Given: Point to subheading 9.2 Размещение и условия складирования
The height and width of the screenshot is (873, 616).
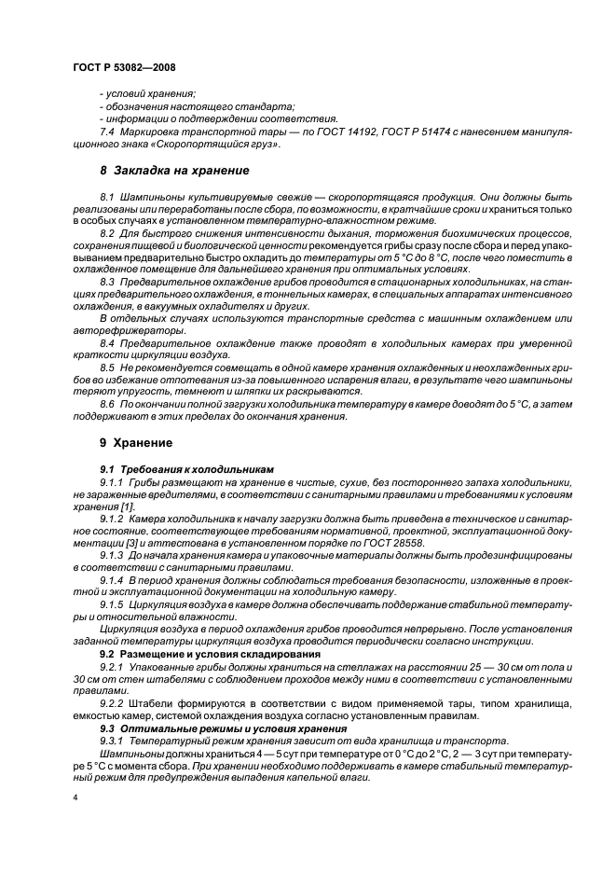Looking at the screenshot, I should [204, 653].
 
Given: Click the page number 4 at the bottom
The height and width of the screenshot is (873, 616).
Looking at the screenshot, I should [75, 798].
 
